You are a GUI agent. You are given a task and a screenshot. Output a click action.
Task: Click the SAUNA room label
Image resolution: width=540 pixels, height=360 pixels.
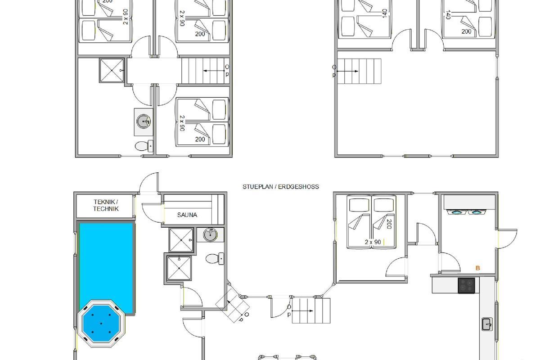pos(187,215)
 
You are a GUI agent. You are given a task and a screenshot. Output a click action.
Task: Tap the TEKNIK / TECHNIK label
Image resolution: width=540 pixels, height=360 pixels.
pos(106,206)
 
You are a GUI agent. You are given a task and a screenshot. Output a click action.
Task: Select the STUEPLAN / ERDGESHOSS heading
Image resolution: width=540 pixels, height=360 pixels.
pos(281,187)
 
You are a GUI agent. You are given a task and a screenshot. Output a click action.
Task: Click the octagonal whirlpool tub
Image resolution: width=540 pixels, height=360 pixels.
pos(101,324)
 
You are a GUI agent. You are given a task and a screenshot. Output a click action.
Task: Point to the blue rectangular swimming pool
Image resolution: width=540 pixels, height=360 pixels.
pos(106,265)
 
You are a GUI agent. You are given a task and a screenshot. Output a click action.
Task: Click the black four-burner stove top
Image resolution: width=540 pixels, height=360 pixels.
pos(466,285)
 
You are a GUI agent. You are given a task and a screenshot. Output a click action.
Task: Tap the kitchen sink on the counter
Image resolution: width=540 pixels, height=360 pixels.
pos(487,324)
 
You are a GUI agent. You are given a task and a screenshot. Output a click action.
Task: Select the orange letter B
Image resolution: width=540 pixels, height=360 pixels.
pos(477,268)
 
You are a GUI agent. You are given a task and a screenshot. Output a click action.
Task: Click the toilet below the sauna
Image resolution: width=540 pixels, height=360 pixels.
pos(215,259)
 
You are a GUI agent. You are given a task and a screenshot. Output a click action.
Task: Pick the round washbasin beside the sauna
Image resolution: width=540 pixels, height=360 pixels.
pos(210,234)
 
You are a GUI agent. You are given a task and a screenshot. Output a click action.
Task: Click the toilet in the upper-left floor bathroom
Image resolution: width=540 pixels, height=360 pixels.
pos(144,146)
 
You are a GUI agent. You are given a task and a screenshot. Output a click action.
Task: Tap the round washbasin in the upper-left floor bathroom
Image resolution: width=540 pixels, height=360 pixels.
pos(144,121)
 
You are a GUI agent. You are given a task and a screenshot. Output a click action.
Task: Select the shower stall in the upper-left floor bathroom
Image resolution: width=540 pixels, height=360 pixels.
pos(112,70)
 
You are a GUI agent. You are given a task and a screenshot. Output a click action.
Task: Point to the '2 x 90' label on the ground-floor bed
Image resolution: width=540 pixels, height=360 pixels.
pos(373,242)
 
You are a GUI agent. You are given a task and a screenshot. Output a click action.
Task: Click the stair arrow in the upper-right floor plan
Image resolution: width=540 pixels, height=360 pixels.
pos(347,71)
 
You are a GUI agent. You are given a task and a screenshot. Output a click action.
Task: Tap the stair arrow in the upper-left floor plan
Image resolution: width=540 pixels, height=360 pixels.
pos(214,71)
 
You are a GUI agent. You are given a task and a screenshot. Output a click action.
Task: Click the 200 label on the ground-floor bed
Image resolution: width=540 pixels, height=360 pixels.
pos(389,224)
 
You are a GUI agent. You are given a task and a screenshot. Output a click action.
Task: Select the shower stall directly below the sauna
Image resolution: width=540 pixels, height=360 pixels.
pos(181,240)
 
